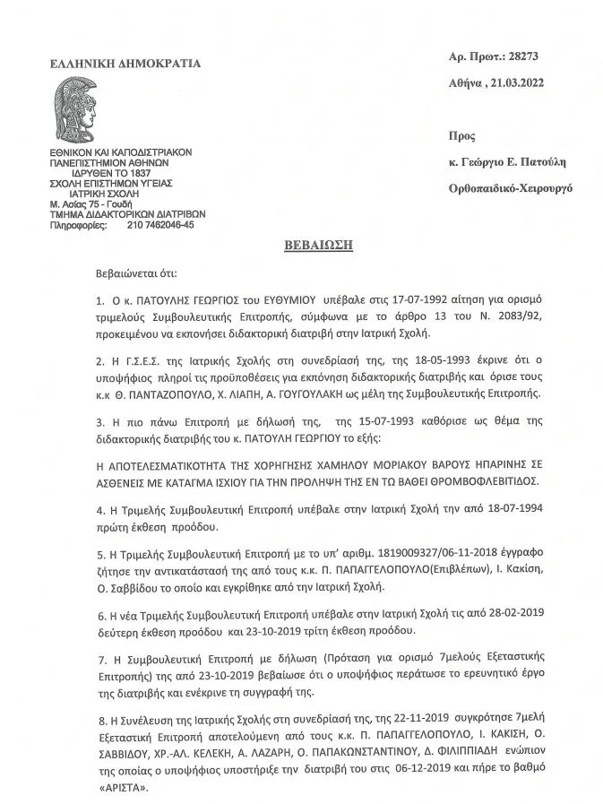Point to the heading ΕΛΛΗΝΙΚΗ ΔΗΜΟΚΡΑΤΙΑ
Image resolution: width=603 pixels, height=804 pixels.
pos(125,63)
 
